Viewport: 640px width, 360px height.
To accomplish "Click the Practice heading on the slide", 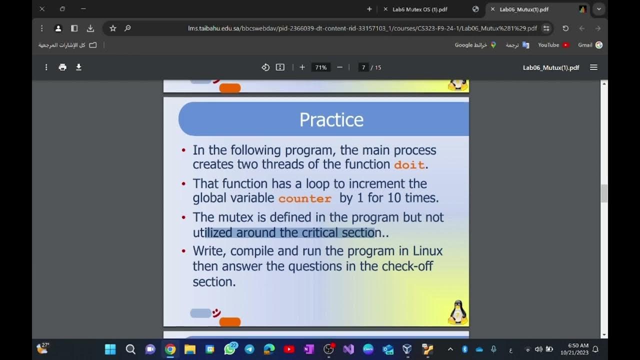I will tap(331, 120).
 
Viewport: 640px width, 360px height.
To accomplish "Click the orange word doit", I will tap(409, 164).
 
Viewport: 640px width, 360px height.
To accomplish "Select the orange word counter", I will tap(305, 198).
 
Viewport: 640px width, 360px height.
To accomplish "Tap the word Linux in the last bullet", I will tap(427, 250).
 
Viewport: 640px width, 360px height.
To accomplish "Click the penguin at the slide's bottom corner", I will tap(457, 312).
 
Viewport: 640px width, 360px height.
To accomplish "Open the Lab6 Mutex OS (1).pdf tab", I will tap(419, 9).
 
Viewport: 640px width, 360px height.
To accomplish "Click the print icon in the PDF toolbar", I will tap(62, 67).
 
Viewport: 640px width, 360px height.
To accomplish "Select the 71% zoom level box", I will tap(320, 67).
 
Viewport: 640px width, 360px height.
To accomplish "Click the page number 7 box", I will tap(363, 67).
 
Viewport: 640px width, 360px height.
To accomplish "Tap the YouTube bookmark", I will tap(553, 45).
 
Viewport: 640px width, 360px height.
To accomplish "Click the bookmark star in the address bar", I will tap(113, 28).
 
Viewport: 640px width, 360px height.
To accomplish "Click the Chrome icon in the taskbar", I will tap(170, 349).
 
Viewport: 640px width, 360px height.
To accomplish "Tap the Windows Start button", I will tap(110, 349).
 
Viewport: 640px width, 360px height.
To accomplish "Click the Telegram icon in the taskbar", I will tap(249, 349).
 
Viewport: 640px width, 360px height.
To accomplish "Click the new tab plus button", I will tap(369, 9).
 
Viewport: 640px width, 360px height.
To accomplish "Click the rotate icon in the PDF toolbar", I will tap(265, 67).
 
